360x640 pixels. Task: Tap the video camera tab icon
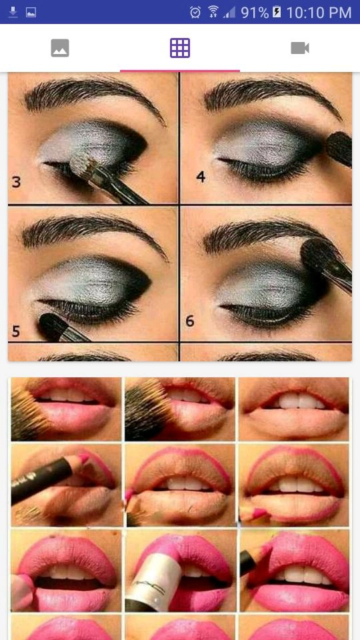(299, 48)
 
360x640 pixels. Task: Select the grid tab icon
(180, 48)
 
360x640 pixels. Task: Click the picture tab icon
(60, 48)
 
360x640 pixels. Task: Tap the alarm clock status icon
(195, 12)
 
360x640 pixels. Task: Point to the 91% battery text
(255, 13)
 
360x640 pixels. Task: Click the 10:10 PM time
(319, 13)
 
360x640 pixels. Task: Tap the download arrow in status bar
(13, 12)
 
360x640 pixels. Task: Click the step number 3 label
(16, 181)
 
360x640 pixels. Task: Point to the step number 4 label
(201, 177)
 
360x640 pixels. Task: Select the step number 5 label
(16, 331)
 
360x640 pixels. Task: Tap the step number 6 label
(190, 321)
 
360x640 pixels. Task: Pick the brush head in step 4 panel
(339, 148)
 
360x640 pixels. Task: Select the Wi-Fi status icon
(213, 12)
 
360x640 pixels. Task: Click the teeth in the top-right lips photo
(301, 401)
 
